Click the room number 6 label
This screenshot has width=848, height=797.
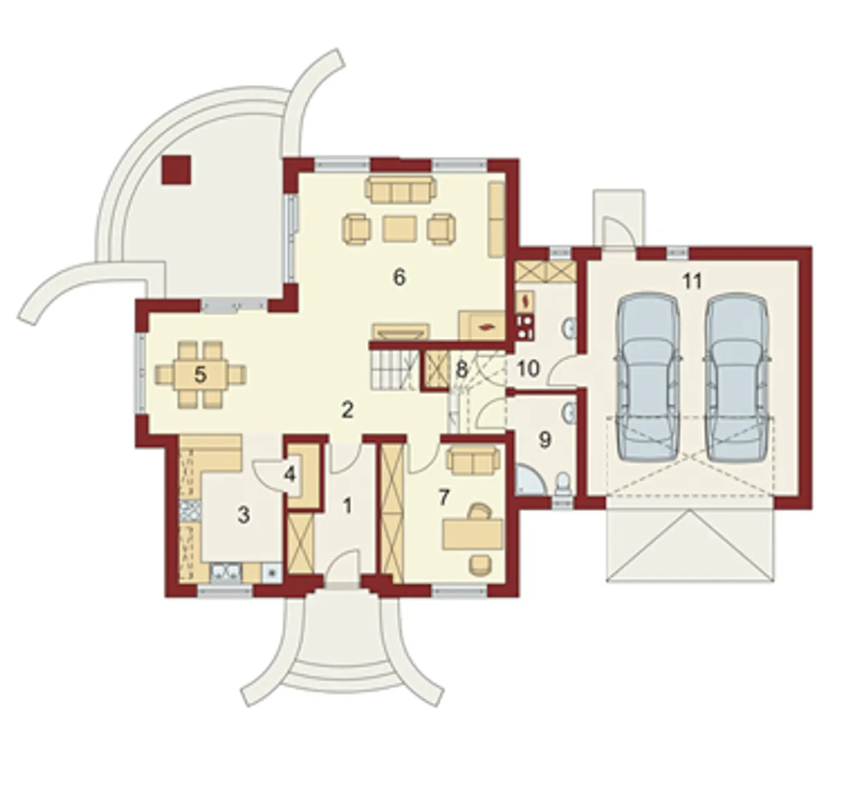tap(399, 278)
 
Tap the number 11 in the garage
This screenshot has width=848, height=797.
tap(692, 281)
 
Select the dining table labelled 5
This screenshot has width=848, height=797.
tap(200, 375)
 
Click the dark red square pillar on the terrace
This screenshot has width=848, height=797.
tap(176, 169)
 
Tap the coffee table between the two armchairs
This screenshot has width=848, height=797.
tap(399, 229)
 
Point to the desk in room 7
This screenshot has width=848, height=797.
tap(472, 533)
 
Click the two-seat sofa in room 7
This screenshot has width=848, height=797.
tap(473, 460)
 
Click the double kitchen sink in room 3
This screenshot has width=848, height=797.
tap(226, 574)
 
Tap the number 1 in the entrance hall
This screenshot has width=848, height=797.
tap(348, 507)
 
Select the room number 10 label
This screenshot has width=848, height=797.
tap(528, 368)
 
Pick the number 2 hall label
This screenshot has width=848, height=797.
tap(348, 410)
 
